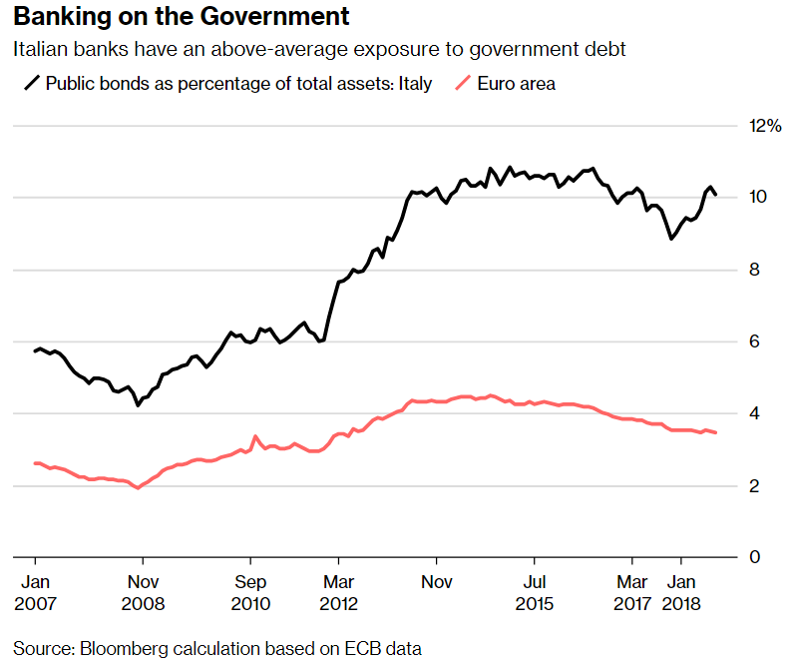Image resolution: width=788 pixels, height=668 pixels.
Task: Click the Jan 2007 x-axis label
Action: [x=36, y=593]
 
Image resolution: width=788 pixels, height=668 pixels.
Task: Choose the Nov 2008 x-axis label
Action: [x=144, y=593]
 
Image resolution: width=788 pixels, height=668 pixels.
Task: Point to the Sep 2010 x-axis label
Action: [x=251, y=593]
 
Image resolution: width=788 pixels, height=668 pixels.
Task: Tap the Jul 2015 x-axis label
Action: [x=536, y=593]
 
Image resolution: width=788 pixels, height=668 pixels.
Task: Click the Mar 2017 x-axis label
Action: [x=632, y=593]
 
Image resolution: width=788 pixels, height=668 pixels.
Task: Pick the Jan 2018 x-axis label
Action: [x=682, y=593]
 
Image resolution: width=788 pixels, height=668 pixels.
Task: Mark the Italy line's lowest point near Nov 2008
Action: [x=138, y=405]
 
